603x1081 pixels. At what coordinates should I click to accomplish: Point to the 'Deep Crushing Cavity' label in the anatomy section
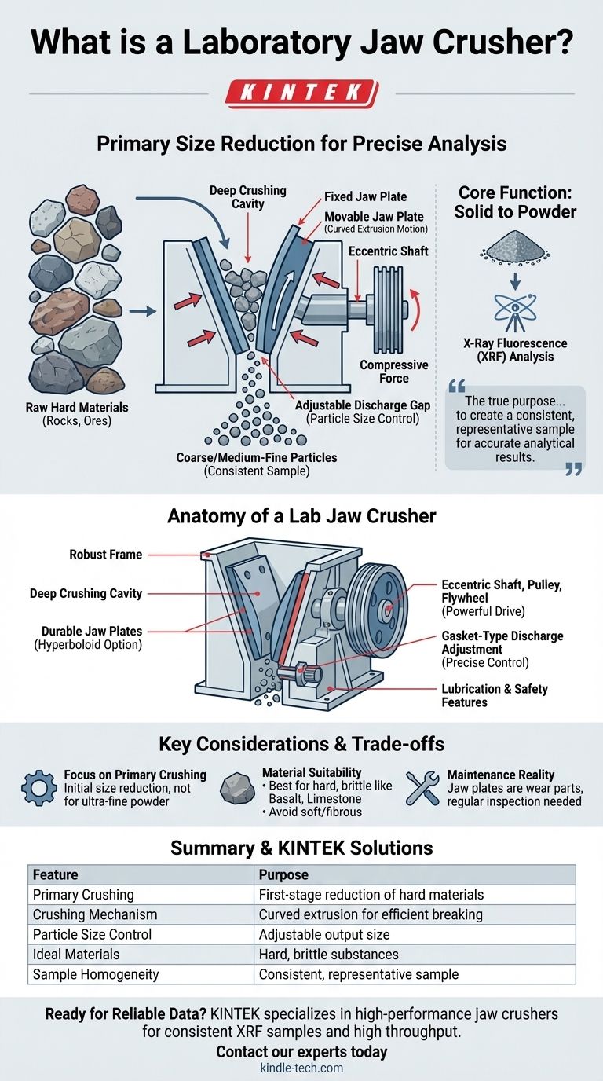click(x=86, y=593)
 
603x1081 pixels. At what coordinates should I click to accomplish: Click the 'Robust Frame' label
click(x=106, y=555)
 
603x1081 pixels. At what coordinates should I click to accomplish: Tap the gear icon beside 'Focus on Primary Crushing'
click(x=38, y=788)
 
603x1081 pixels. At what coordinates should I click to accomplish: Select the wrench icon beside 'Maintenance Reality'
click(x=422, y=788)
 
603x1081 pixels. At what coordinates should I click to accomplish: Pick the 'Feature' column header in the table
click(x=55, y=874)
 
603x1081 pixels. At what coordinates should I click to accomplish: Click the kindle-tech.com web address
click(x=301, y=1068)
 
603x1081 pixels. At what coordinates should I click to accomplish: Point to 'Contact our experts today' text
click(x=301, y=1051)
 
